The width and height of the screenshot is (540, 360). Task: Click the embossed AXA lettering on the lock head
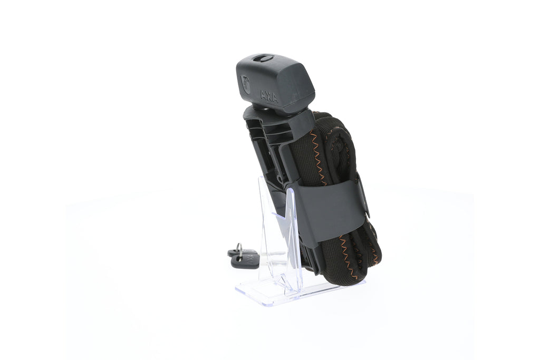point(269,95)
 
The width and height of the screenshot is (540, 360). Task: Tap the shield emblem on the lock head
point(245,85)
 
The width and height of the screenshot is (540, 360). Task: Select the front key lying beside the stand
point(245,261)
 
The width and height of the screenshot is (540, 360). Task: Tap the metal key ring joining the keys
point(239,250)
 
